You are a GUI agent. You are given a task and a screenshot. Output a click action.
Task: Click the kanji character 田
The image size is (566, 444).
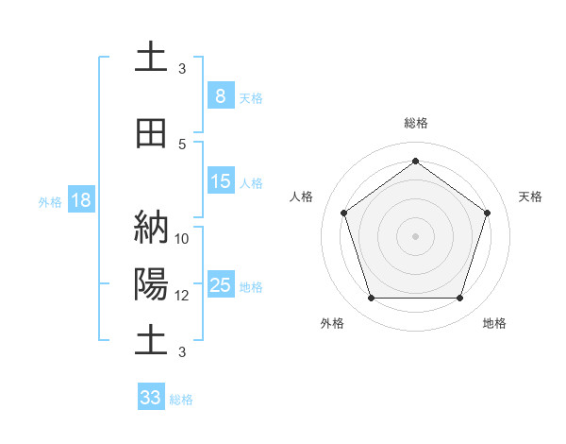(151, 134)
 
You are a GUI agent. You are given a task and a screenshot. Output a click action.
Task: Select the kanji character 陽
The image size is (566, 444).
(151, 283)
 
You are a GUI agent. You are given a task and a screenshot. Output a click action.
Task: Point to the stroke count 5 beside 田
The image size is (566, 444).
(182, 145)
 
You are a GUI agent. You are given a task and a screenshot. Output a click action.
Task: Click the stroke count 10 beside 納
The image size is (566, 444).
(182, 239)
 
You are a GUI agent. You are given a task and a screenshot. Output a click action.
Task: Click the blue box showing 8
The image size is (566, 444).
(220, 95)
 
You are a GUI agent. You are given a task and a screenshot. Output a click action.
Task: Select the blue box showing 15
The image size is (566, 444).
(220, 181)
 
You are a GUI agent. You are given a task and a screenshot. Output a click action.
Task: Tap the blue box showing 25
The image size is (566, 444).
(220, 285)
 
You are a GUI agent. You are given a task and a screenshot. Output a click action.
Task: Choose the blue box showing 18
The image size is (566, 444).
(80, 201)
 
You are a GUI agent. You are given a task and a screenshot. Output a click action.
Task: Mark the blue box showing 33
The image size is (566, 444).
(151, 398)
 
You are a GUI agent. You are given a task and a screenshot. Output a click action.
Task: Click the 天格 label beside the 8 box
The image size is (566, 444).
(251, 97)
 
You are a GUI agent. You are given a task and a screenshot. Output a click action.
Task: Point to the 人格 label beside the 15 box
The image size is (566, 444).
(251, 183)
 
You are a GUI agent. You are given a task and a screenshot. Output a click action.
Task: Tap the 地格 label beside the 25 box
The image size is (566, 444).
(251, 287)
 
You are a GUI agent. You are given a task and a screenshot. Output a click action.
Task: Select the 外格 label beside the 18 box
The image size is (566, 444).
(50, 202)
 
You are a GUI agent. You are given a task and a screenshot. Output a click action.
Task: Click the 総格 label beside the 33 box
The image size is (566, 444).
(181, 400)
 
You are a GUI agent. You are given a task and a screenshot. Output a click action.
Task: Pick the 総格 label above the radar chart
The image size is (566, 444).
(415, 123)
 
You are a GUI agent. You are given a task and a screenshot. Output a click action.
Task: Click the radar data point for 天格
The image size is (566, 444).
(488, 213)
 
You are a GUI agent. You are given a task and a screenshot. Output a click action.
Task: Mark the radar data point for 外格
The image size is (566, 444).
(371, 299)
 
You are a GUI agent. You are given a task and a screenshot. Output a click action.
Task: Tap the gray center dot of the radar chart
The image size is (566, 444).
(415, 235)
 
